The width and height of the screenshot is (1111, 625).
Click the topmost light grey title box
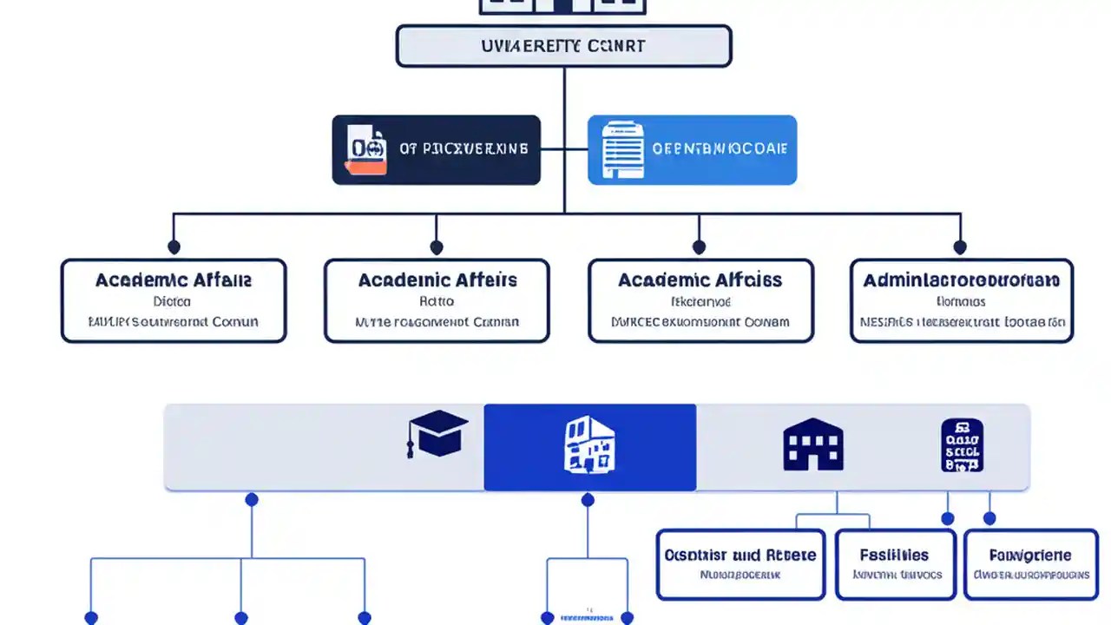coord(563,46)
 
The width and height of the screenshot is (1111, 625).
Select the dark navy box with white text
coord(436,149)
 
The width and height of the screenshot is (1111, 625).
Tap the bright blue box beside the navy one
coord(692,149)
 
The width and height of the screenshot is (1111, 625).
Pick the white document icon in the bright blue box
coord(623,149)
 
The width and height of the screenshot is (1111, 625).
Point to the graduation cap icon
coord(437,433)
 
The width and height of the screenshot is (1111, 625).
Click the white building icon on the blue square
coord(589,445)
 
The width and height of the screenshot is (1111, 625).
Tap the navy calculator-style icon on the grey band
coord(962,445)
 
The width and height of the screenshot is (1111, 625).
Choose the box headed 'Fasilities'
coord(895,564)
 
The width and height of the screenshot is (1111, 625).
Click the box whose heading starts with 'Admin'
coord(961,300)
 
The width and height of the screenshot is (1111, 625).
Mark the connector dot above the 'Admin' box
coord(960,247)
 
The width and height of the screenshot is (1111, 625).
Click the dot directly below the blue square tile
coord(588,500)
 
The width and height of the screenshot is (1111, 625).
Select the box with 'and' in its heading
coord(740,564)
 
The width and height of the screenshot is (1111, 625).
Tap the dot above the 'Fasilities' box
coord(948,518)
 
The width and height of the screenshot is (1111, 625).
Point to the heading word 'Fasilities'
coord(894,555)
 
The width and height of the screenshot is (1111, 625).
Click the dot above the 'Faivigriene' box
coord(989,518)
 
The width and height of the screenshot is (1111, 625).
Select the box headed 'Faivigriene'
coord(1030,564)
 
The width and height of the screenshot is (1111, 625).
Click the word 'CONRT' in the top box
coord(617,45)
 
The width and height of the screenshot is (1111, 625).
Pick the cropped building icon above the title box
coord(563,6)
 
